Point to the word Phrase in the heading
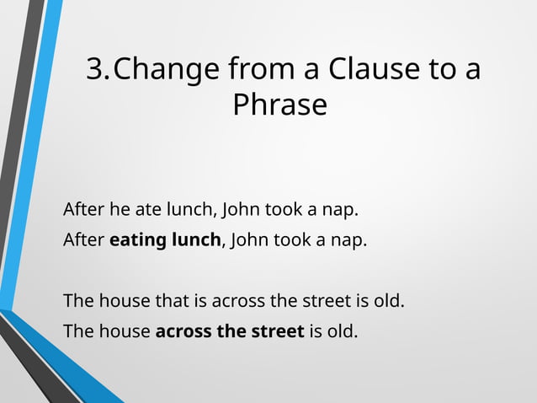279,105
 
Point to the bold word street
277,331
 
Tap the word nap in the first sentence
352,208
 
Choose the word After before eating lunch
84,240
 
